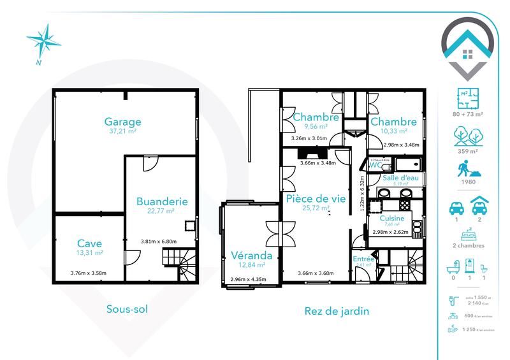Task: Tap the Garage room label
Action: [122, 122]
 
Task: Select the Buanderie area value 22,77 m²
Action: [162, 211]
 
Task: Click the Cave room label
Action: [89, 243]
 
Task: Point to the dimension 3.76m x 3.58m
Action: [89, 274]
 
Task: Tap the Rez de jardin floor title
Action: [337, 311]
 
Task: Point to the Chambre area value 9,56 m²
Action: [315, 127]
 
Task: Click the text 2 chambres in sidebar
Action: [467, 246]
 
